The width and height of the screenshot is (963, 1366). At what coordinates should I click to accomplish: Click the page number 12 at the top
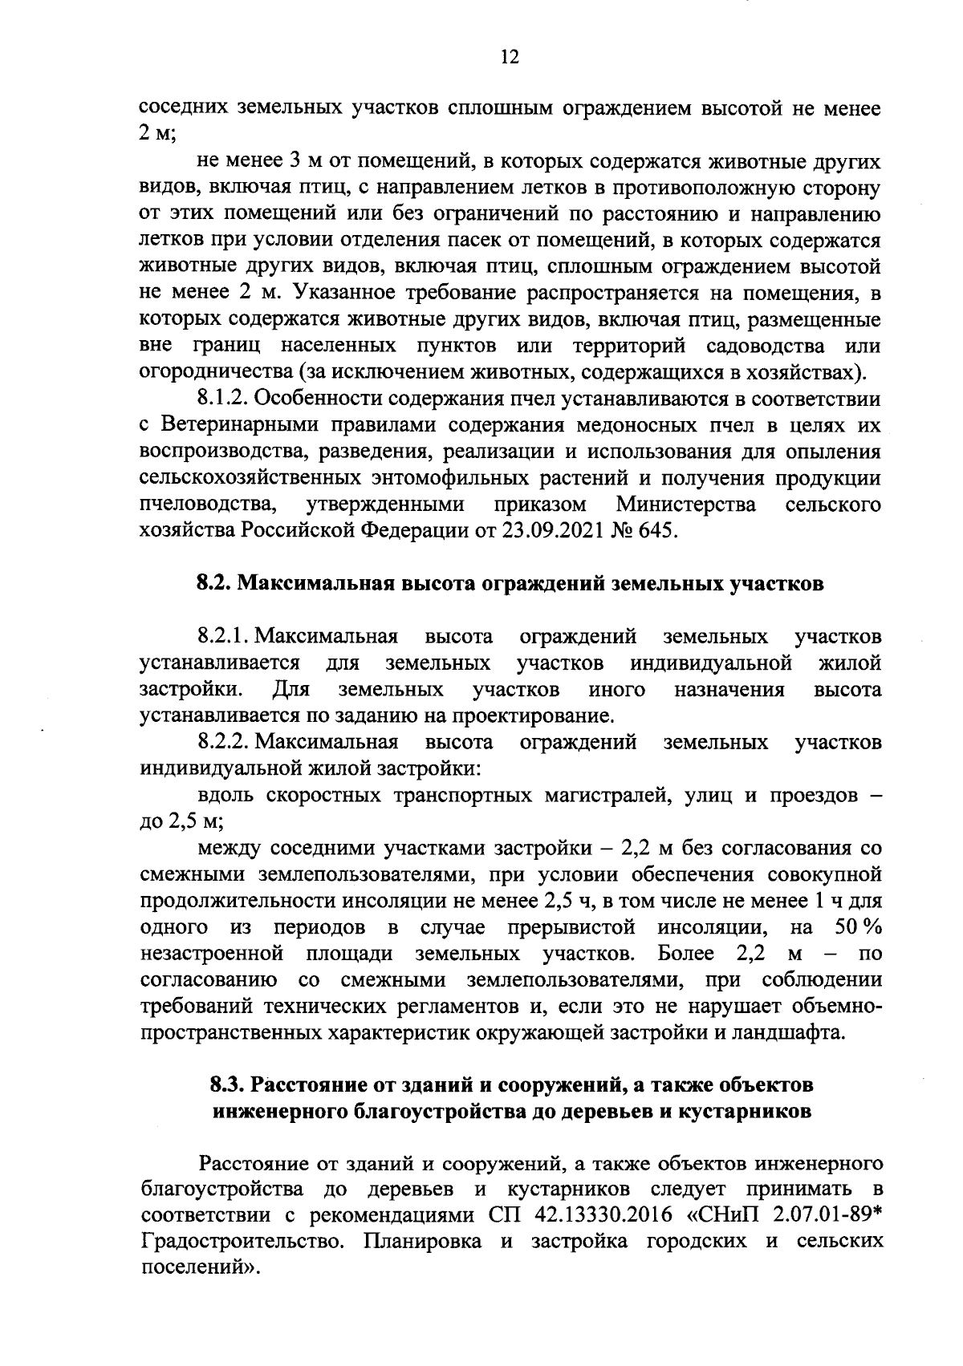[510, 57]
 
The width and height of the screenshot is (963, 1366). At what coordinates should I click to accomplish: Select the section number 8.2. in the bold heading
[213, 584]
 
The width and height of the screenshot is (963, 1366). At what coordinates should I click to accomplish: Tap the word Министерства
[686, 505]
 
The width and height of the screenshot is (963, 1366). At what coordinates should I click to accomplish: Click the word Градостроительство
[244, 1241]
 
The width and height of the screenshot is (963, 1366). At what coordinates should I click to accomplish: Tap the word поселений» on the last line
[201, 1267]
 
